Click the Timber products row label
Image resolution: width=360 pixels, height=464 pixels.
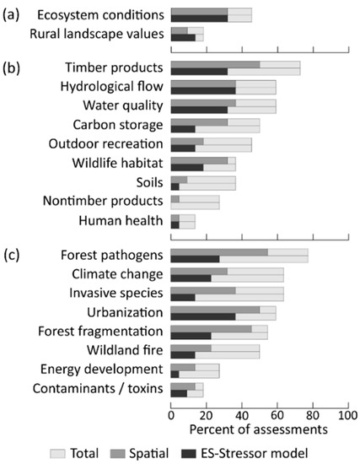pos(114,67)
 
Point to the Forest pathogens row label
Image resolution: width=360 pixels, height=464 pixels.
pos(112,252)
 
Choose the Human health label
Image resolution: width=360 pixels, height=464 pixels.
pos(123,221)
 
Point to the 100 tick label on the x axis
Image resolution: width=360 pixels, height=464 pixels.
pos(347,414)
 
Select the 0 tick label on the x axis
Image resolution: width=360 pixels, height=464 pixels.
pos(171,414)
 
